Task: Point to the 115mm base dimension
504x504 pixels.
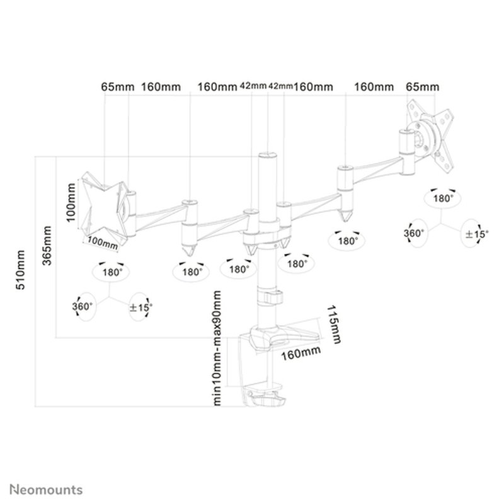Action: pos(335,326)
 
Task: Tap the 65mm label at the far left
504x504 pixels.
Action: pos(117,86)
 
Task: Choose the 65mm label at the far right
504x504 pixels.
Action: pos(423,86)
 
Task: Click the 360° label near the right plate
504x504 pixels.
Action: pos(414,233)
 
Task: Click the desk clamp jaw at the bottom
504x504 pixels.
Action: pos(265,398)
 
